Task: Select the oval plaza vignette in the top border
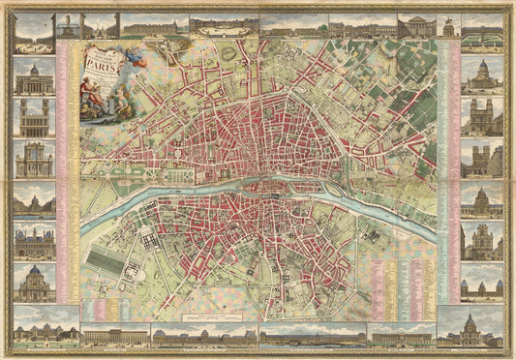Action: click(x=224, y=27)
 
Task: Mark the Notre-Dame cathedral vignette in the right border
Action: click(x=481, y=159)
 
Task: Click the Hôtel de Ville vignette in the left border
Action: click(x=34, y=242)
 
